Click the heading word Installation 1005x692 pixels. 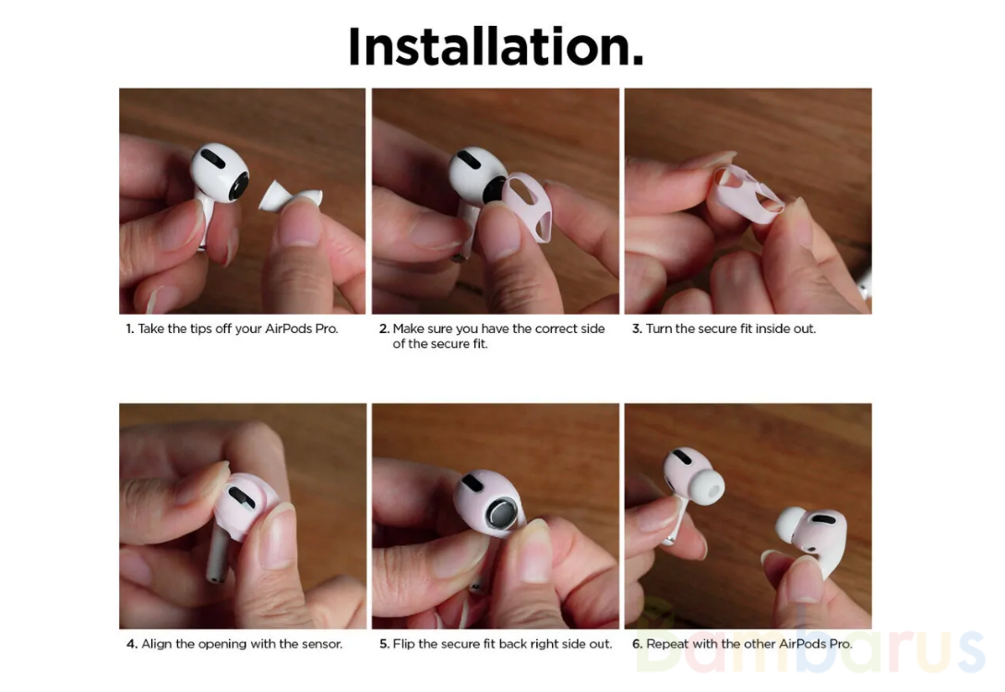[496, 46]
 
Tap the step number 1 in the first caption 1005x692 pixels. [129, 328]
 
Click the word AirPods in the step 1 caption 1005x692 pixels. [289, 328]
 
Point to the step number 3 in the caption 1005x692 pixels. [637, 328]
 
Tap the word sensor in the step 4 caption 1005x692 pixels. [321, 644]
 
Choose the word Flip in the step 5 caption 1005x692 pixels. [403, 643]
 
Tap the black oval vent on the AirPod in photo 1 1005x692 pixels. [213, 159]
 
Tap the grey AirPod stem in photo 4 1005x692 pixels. [217, 555]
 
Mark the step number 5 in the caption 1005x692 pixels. [384, 644]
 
